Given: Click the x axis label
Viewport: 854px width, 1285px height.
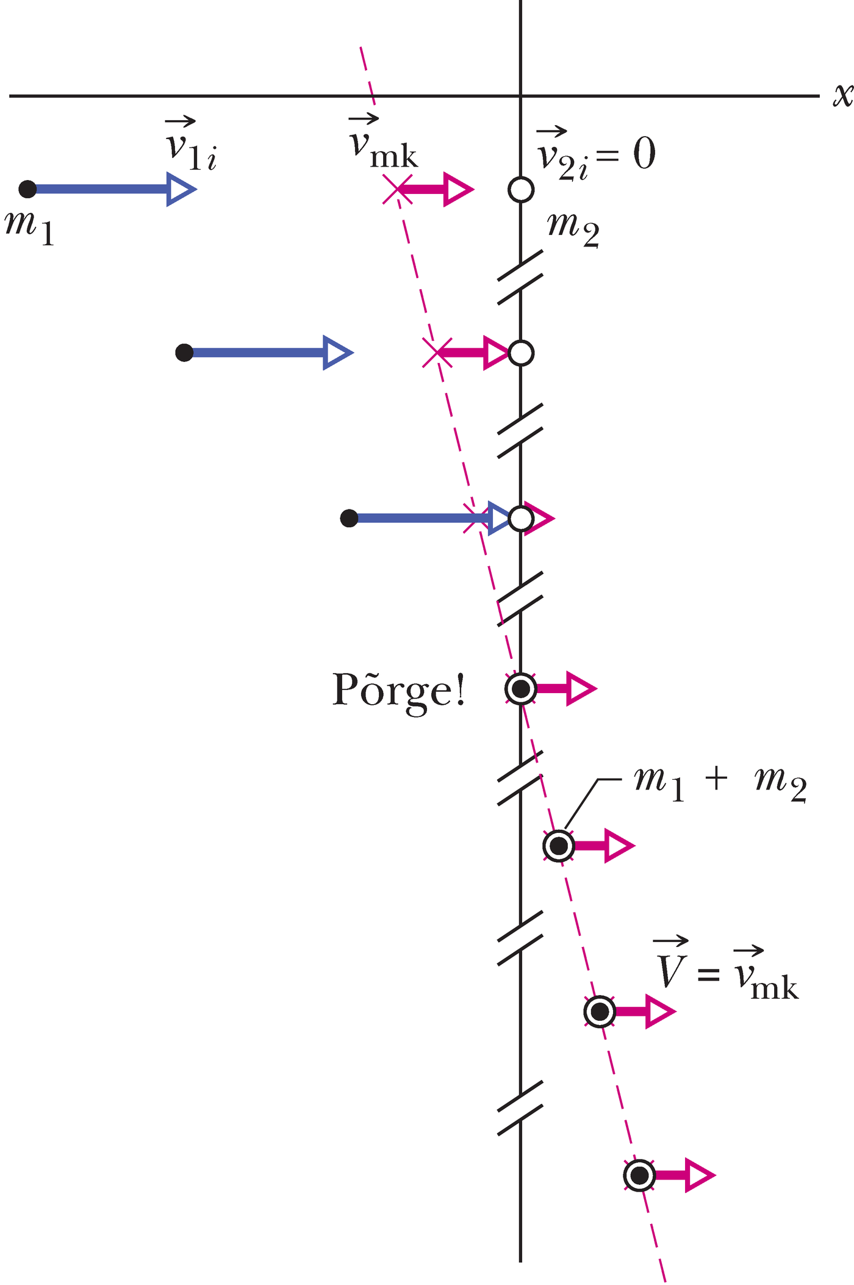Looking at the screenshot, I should click(x=842, y=96).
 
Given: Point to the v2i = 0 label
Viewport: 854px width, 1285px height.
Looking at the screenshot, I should click(x=595, y=154).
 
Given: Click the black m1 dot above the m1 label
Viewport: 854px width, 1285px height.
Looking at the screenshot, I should click(x=27, y=189).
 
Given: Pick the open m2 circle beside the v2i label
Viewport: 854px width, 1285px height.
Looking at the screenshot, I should click(x=521, y=189).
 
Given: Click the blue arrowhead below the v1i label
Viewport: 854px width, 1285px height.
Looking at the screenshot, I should click(x=181, y=189).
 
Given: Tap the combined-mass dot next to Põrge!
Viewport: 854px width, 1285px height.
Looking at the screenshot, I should click(x=521, y=689).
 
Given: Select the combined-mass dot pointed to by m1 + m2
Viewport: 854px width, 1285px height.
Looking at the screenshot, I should click(x=559, y=846).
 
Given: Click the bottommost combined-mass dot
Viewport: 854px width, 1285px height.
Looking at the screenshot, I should click(x=639, y=1175).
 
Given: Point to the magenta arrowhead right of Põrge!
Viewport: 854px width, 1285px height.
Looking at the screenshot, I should click(x=580, y=689).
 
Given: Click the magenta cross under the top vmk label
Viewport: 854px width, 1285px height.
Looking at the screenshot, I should click(x=396, y=189).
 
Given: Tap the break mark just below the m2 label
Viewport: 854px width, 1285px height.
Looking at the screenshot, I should click(x=520, y=278).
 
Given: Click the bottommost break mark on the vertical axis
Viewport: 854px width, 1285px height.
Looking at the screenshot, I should click(x=520, y=1107).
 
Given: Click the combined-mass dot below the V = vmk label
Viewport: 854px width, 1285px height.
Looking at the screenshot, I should click(x=600, y=1012).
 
